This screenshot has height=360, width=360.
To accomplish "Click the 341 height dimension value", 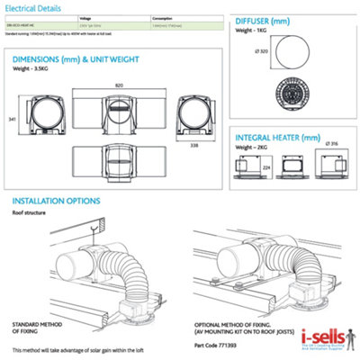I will point(11,117).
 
